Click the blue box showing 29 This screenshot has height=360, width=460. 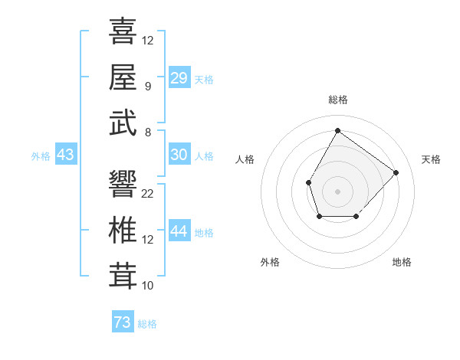click(179, 78)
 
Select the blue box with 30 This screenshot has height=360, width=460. click(179, 155)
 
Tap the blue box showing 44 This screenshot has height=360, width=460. click(179, 231)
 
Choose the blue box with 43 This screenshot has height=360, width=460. click(65, 155)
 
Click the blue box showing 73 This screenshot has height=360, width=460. click(123, 322)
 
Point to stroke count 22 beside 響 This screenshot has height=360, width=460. click(148, 194)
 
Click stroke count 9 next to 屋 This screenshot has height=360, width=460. click(148, 87)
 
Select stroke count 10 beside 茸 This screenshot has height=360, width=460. click(148, 286)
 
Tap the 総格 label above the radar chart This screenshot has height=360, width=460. click(337, 100)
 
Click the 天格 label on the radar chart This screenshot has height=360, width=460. click(431, 159)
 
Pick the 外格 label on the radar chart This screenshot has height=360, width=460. click(270, 262)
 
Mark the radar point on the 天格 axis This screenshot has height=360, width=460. click(396, 172)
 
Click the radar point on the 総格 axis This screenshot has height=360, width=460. click(337, 130)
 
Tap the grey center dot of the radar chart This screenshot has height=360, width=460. click(337, 190)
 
